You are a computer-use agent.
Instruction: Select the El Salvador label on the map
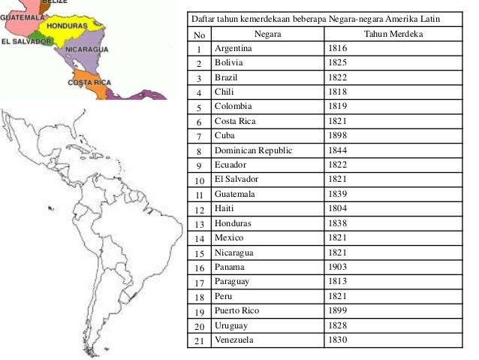[26, 42]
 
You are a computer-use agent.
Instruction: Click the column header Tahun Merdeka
[393, 35]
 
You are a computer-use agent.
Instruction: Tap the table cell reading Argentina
[233, 49]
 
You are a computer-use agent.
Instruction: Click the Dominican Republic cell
[253, 150]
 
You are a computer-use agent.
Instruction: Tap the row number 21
[198, 340]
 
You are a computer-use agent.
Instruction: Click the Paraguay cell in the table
[233, 282]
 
